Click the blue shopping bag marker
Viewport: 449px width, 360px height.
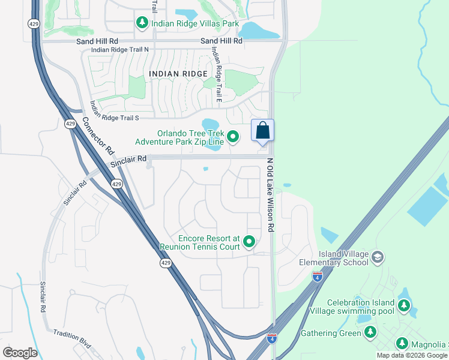coord(262,131)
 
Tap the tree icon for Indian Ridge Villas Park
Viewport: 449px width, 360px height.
coord(142,23)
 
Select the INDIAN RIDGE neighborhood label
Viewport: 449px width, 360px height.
coord(178,74)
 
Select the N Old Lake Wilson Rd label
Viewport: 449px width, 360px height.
coord(270,195)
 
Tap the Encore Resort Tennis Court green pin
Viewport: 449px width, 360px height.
coord(249,242)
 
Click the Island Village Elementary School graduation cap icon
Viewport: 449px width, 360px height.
coord(377,257)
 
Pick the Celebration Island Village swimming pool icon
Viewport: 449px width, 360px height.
coord(404,307)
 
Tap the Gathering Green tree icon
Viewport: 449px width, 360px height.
coord(370,332)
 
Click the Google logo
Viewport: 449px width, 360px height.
coord(20,353)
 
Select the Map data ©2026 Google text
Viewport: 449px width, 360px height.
coord(412,355)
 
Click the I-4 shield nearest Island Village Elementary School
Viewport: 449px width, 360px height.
coord(317,276)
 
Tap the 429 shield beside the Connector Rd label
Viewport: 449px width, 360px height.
coord(70,124)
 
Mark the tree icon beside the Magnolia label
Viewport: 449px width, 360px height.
coord(401,343)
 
